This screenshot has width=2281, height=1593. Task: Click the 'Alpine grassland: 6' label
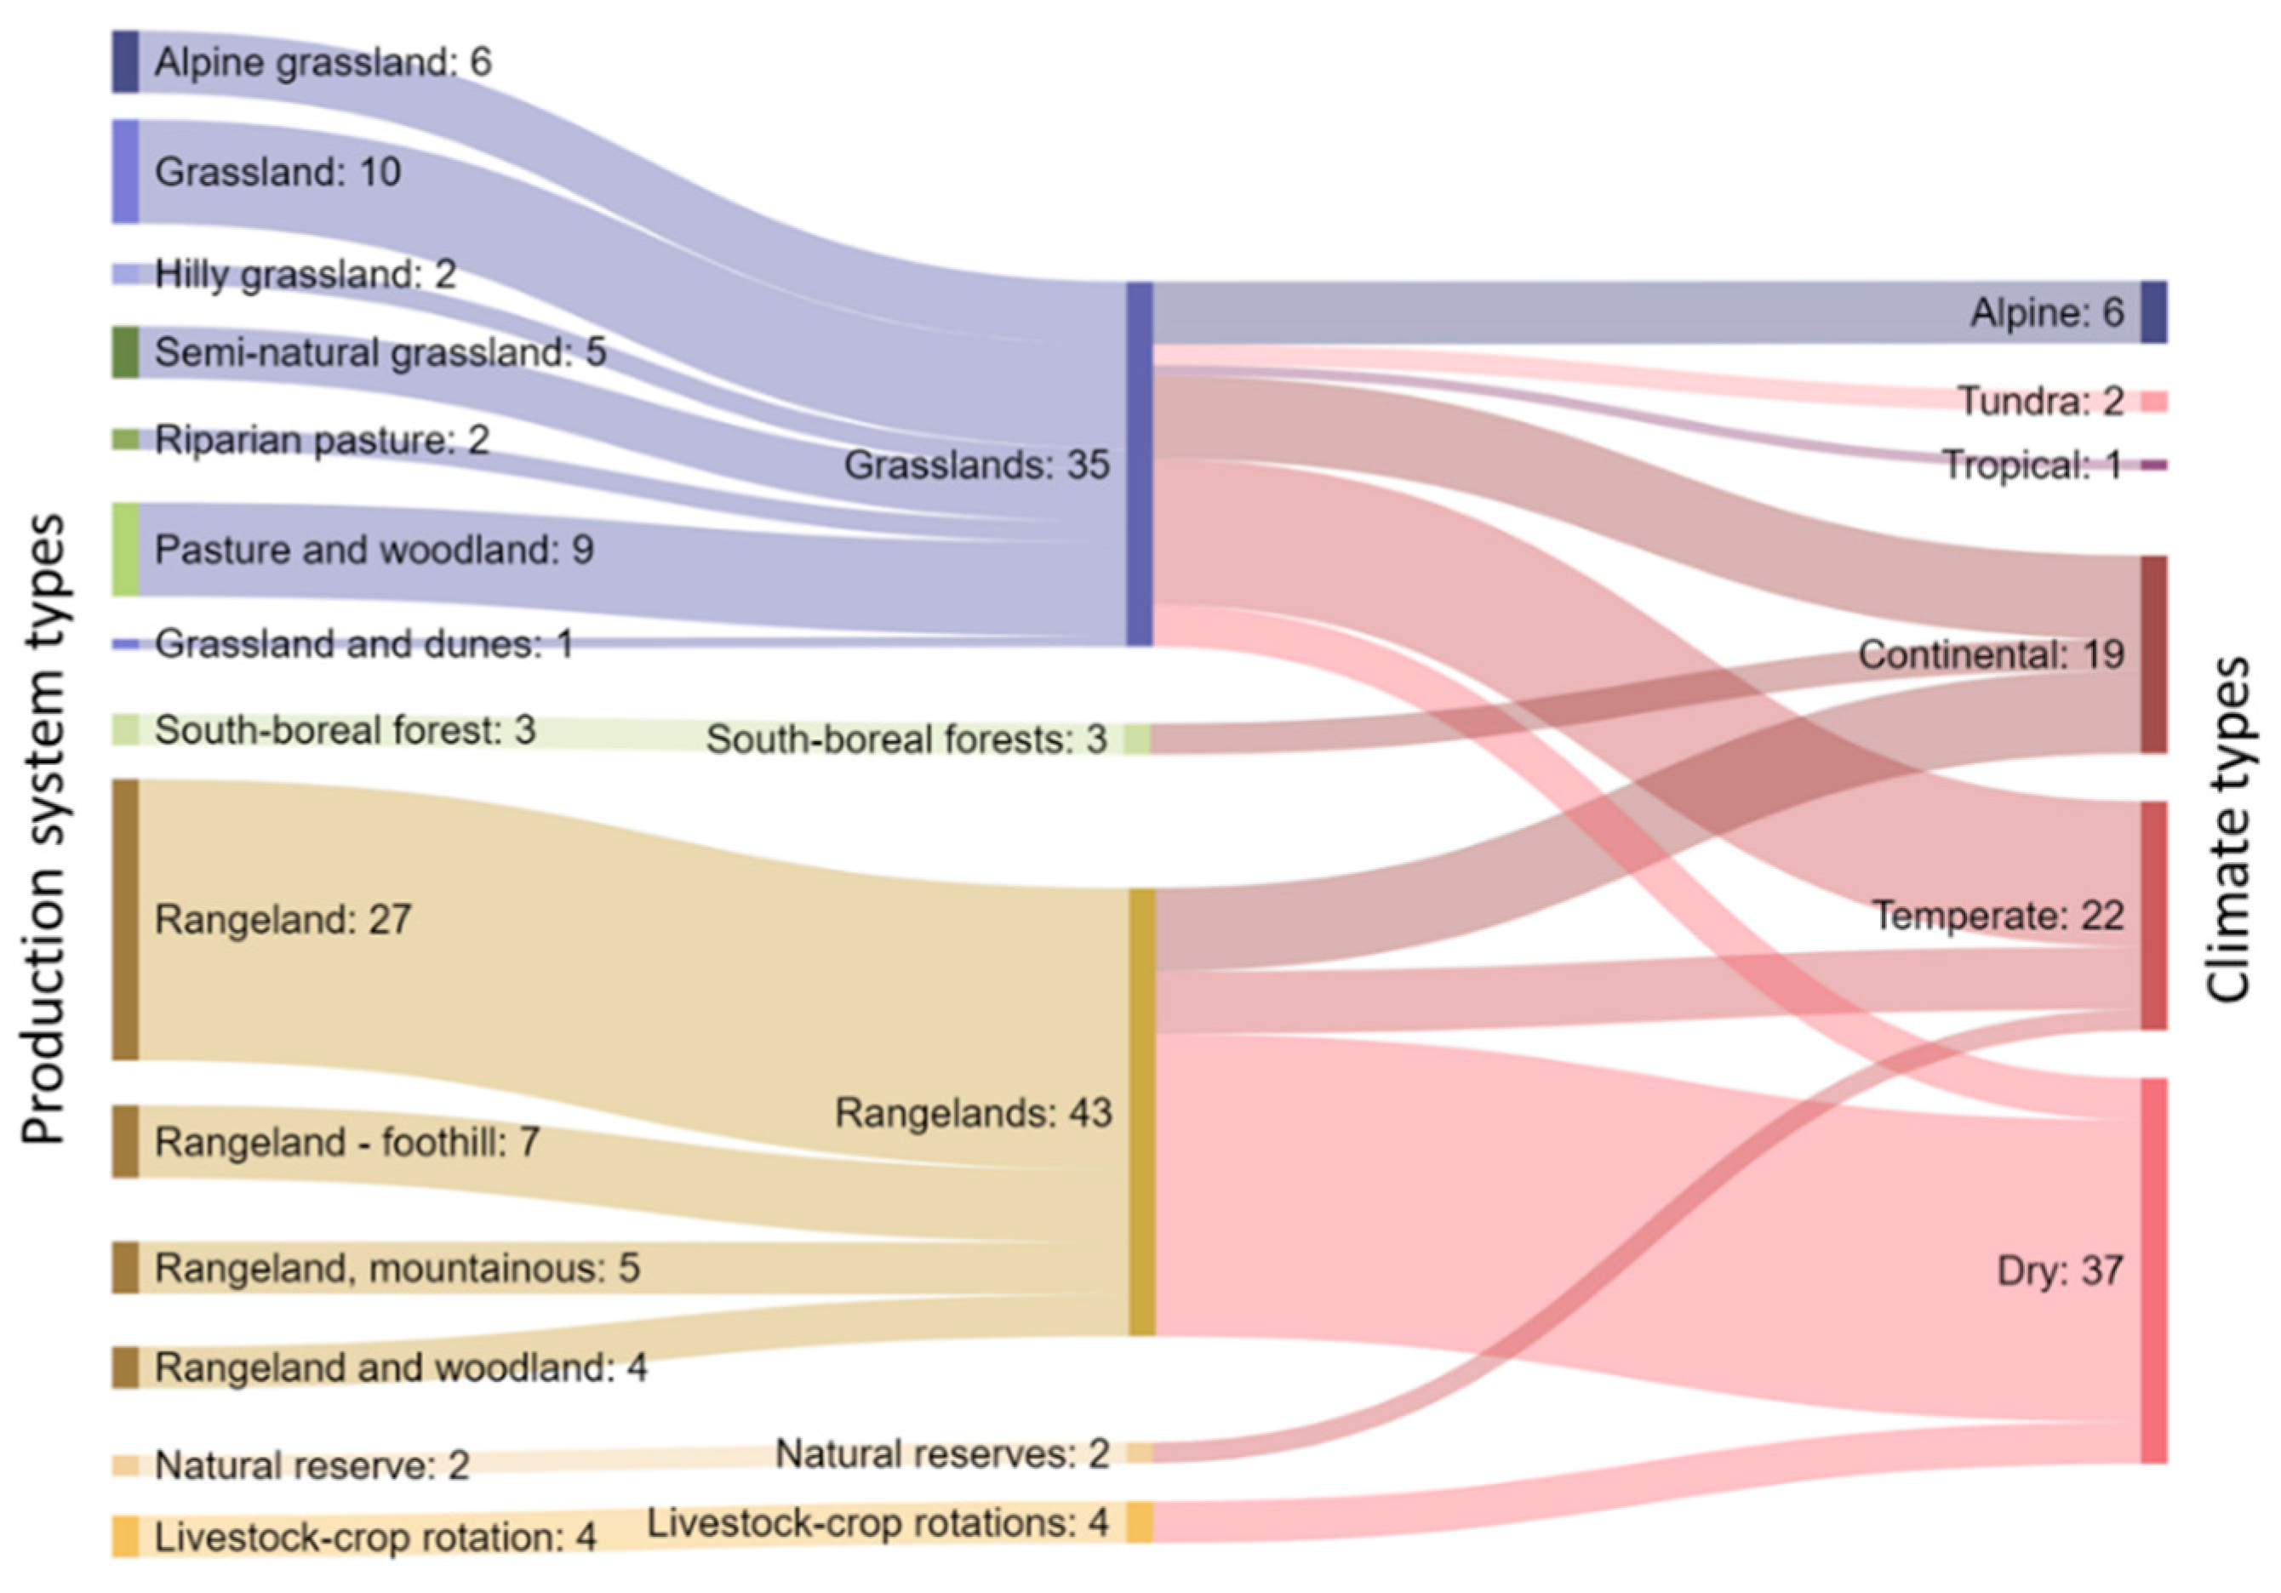[x=322, y=63]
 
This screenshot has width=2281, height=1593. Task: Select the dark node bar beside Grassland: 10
[x=125, y=171]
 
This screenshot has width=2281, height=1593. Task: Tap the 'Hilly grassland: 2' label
[x=305, y=274]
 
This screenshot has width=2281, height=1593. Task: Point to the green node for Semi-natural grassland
[x=125, y=351]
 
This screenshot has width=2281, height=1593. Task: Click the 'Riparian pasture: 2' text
[x=322, y=440]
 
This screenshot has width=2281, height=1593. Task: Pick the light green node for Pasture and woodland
[x=125, y=549]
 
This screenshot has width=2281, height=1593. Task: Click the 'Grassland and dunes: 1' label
[x=363, y=644]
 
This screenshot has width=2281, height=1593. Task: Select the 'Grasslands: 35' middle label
[x=975, y=465]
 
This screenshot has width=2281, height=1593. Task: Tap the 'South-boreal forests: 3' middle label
[x=906, y=739]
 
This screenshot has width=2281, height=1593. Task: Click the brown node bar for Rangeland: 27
[x=125, y=920]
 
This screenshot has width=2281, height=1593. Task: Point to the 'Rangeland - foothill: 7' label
[x=346, y=1142]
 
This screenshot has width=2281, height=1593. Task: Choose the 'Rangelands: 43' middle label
[x=973, y=1113]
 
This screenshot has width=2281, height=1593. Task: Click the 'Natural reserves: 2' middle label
[x=942, y=1454]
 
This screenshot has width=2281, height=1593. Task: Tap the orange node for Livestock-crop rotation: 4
[x=125, y=1536]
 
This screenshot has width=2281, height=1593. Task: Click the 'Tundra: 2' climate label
[x=2041, y=402]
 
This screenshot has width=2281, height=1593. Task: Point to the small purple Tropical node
[x=2152, y=465]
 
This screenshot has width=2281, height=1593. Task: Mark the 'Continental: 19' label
[x=1991, y=654]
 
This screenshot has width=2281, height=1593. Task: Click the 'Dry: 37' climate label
[x=2060, y=1270]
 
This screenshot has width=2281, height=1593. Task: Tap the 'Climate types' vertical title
[x=2229, y=830]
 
